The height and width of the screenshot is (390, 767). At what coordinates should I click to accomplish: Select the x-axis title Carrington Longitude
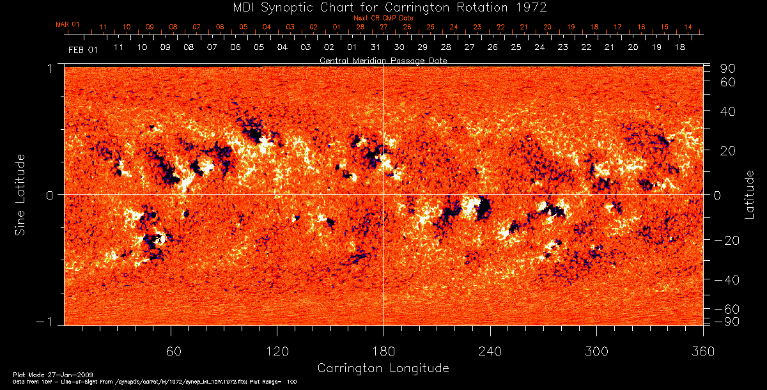[x=383, y=368]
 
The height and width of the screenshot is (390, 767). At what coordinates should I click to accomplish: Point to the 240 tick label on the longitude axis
[x=490, y=352]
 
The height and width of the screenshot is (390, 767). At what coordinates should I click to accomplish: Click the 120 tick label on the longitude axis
[x=277, y=352]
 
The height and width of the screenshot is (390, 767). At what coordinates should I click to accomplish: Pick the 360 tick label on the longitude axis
[x=702, y=352]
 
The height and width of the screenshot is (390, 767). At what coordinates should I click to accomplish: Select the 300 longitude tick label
[x=596, y=352]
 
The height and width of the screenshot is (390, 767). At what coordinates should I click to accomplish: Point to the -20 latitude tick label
[x=726, y=240]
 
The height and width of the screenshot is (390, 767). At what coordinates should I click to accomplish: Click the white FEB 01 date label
[x=82, y=51]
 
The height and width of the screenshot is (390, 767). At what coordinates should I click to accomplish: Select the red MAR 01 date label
[x=68, y=24]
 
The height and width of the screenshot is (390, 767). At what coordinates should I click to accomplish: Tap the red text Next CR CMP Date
[x=383, y=18]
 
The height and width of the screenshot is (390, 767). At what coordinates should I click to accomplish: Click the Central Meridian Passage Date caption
[x=383, y=61]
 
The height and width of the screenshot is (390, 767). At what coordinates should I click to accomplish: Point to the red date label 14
[x=688, y=27]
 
